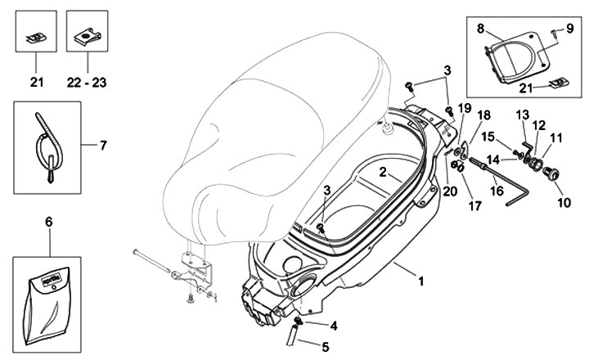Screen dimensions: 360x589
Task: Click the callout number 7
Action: point(103,146)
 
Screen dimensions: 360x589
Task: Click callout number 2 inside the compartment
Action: point(383,173)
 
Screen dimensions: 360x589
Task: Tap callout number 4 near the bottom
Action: point(335,326)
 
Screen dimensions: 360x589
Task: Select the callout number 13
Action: point(522,113)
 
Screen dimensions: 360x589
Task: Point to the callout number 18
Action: point(484,117)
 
